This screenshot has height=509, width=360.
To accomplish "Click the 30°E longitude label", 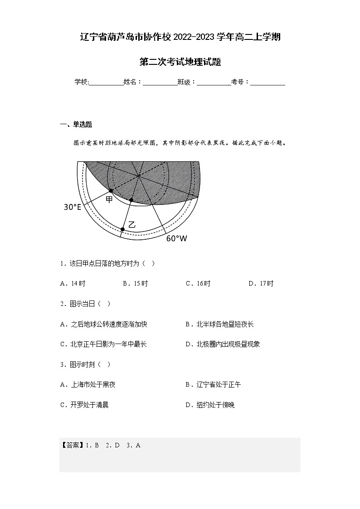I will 72,207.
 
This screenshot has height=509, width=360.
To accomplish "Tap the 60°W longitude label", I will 176,238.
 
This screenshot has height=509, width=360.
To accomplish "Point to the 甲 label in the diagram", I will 109,199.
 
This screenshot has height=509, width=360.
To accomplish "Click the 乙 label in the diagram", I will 132,224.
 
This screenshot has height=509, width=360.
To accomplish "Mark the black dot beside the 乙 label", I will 122,229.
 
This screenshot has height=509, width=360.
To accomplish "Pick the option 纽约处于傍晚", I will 210,405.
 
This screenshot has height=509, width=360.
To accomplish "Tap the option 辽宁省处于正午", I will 213,385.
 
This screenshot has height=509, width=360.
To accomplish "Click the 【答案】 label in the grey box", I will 70,445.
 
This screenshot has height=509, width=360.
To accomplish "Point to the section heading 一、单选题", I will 76,125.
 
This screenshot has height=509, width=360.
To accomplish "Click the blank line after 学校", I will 106,82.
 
